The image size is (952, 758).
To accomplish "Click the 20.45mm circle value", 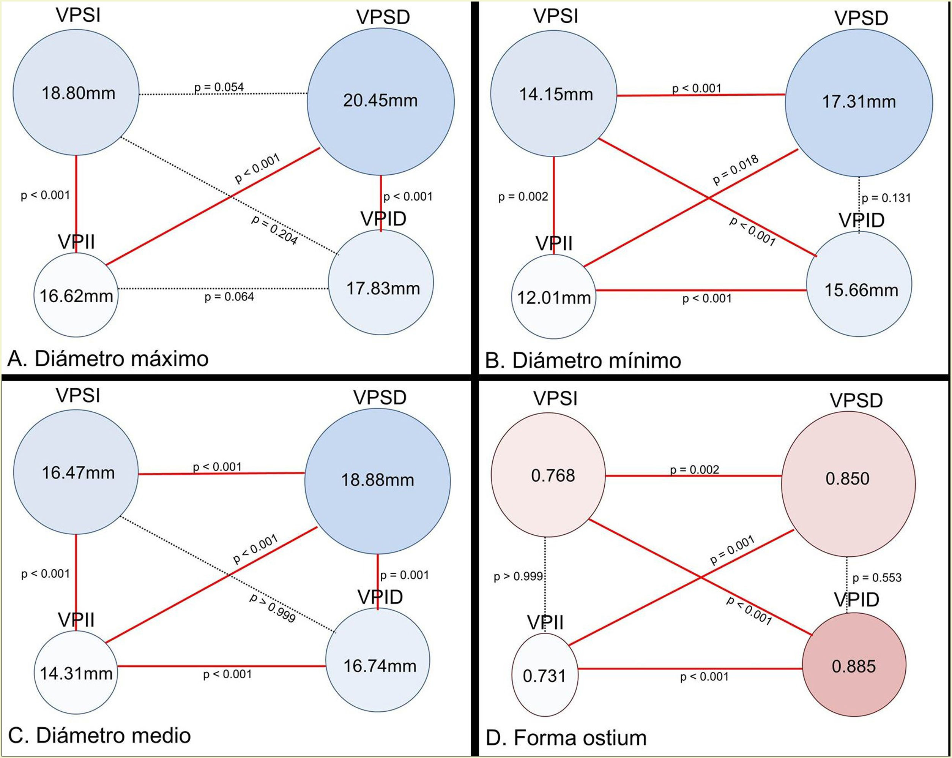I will pos(380,101).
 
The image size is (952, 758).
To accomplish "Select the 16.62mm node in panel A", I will pos(76,295).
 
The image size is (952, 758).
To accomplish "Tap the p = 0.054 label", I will pos(219,87).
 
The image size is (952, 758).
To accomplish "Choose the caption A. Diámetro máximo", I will pos(108,358).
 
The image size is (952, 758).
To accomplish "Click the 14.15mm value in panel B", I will pos(556,95).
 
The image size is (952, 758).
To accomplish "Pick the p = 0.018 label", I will pos(736,170).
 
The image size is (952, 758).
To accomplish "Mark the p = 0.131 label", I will pos(886,198).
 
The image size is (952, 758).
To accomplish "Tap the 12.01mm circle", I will pos(554,297).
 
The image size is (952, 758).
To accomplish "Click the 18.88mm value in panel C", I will pos(378,480).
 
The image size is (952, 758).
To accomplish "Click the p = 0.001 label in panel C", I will pos(405,575).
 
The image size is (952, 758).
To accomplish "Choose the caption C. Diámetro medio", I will pos(100,736).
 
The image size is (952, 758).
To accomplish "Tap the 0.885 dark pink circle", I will pos(854,666).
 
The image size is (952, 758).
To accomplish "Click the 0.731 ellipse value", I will pos(544,676).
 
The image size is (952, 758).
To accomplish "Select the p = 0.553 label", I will pos(877,577).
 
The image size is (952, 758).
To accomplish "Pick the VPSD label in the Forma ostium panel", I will pos(856,401).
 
